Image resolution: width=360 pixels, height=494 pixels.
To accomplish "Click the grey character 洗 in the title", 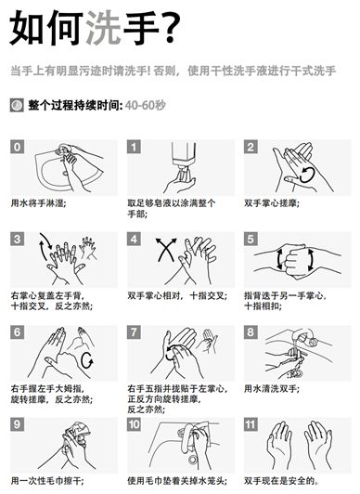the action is tap(103, 28).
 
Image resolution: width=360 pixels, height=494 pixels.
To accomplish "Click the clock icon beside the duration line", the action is tap(17, 105).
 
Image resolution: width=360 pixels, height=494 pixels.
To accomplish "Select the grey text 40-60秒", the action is tap(145, 105).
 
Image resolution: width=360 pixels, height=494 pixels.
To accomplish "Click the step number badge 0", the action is tap(18, 147).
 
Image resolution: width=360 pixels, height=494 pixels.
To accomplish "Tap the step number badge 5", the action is tap(251, 240).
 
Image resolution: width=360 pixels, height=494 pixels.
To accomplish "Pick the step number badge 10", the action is tap(134, 424).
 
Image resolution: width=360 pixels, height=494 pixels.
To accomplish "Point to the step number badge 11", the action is tap(251, 424).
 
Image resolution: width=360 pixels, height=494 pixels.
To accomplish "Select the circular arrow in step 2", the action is tap(307, 175).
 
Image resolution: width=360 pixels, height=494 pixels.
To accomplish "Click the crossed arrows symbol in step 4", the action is tap(166, 250).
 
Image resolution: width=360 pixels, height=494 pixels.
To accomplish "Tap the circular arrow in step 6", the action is tap(87, 360).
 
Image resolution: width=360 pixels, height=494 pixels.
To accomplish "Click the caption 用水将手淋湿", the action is tap(38, 203).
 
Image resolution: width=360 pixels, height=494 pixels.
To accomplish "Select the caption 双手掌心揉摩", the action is tap(272, 203).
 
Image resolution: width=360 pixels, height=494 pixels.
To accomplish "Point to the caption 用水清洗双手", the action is tap(272, 389).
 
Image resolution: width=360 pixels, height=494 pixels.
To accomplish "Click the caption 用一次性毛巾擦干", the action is tap(48, 481).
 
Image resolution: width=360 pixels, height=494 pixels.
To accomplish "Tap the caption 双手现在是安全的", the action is tap(282, 481).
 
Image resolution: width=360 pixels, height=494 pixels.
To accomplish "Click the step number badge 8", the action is tap(251, 332).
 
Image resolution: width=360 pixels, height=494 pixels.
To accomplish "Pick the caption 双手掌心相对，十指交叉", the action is tap(177, 296).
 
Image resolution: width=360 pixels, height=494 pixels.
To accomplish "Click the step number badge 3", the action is tap(18, 240).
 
